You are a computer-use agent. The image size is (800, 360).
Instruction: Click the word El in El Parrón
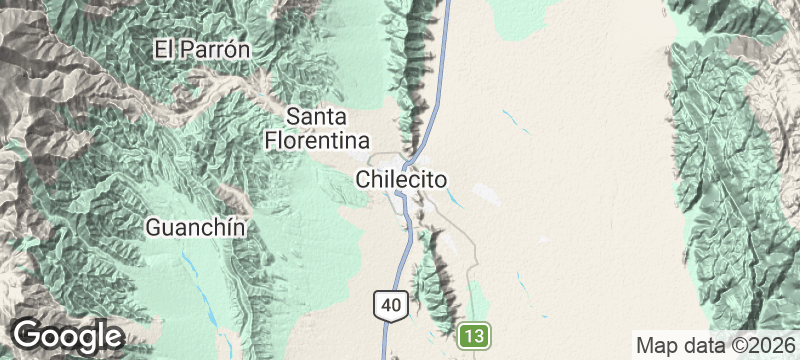(x=164, y=48)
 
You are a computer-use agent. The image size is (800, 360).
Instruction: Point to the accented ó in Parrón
(x=227, y=48)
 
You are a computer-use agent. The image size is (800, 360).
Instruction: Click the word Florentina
(x=318, y=139)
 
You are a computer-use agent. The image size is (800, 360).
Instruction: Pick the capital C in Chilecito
(x=363, y=180)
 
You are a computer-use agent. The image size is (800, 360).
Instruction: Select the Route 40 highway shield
(x=391, y=304)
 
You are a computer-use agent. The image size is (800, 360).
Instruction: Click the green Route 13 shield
(x=475, y=335)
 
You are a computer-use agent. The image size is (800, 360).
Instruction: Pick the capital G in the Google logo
(x=27, y=334)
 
